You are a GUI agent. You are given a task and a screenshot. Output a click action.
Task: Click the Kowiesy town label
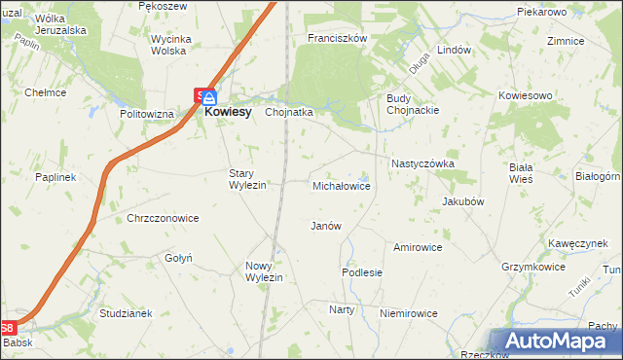(x=230, y=113)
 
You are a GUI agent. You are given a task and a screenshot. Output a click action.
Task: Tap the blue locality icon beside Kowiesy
(x=209, y=97)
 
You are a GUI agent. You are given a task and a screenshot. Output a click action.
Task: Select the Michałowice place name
(x=341, y=185)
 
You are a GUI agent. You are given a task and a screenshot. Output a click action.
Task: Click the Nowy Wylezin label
(x=264, y=271)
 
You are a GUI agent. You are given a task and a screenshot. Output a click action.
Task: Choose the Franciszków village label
(x=336, y=38)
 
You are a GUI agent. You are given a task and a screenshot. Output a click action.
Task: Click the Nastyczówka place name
(x=422, y=164)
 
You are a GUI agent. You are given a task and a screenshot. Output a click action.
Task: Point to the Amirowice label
(x=418, y=247)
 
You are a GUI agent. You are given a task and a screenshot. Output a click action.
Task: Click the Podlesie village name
(x=362, y=273)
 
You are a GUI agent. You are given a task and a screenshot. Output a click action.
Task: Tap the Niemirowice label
(x=409, y=314)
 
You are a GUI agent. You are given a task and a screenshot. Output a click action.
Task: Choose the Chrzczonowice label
(x=163, y=219)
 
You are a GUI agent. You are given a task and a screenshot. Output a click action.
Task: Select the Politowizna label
(x=146, y=114)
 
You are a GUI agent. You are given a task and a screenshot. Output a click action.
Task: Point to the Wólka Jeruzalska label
(x=61, y=24)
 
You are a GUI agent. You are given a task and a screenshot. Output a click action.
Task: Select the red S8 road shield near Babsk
(x=8, y=330)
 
